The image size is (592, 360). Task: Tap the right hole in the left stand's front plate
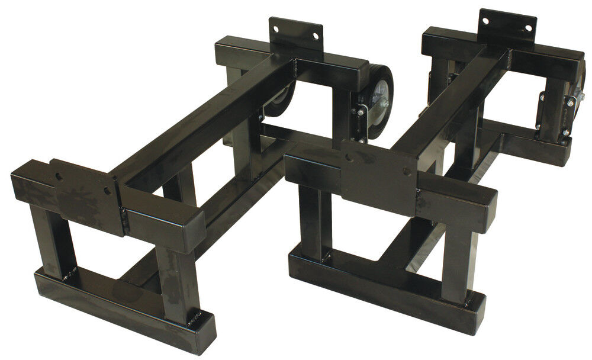pyautogui.click(x=107, y=191)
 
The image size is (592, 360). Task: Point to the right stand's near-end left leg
pyautogui.click(x=311, y=222)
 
